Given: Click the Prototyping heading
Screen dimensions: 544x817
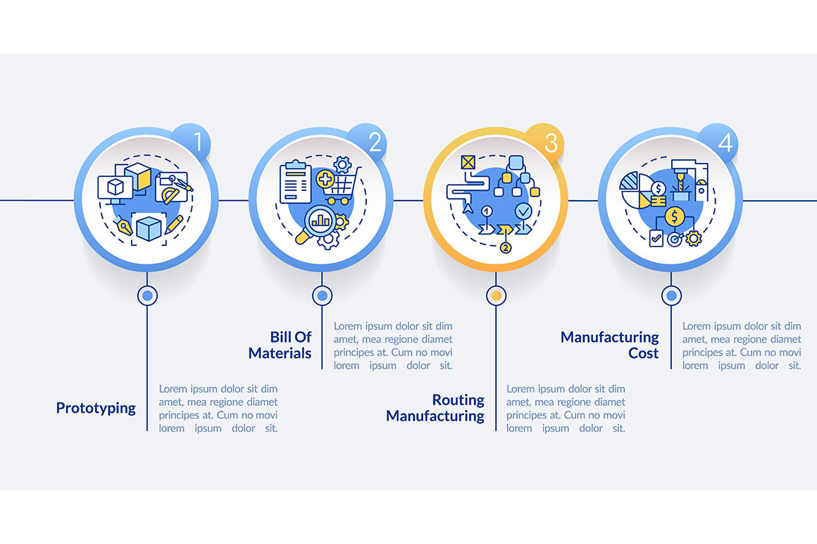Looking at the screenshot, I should [x=96, y=408].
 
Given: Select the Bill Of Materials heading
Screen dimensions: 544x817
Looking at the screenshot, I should [x=280, y=345].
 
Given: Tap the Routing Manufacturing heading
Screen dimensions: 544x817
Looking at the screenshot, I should [x=436, y=408].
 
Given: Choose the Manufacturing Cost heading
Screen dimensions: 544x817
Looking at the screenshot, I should [x=610, y=345].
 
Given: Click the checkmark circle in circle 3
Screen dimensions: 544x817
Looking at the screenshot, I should [x=523, y=211].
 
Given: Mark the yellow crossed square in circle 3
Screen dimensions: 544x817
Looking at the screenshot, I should [x=468, y=163].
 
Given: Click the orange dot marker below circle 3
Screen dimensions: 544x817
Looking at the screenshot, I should [x=496, y=296].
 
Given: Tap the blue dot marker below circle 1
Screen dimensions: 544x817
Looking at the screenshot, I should [x=147, y=296].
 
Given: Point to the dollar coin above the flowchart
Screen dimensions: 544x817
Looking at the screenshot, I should [x=674, y=216].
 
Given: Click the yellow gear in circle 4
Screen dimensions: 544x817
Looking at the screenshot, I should [x=694, y=239].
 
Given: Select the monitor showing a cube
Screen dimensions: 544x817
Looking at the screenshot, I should [x=115, y=188].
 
